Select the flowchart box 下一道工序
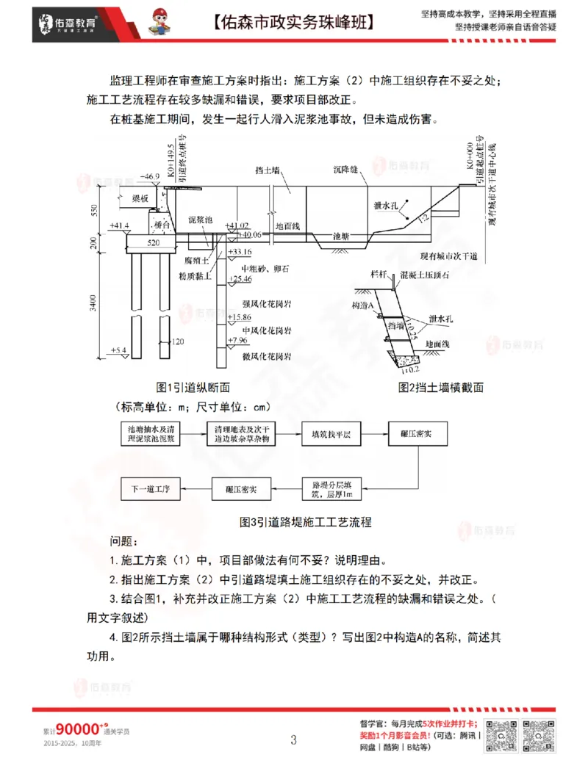pos(150,488)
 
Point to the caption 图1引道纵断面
pos(193,387)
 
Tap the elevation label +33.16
pos(240,253)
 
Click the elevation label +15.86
pos(240,317)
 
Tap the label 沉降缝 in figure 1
pos(345,170)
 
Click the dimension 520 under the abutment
pos(153,242)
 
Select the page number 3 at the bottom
pos(293,738)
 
